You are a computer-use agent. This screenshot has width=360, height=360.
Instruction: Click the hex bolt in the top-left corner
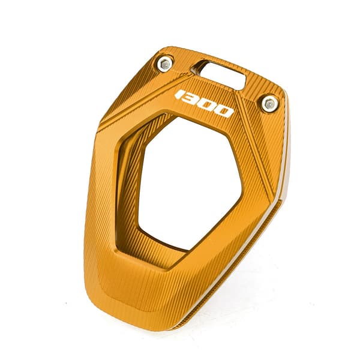point(166,63)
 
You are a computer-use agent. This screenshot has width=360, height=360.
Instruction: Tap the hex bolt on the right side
point(269,104)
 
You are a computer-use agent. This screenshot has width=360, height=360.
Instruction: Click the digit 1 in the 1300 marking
point(181,95)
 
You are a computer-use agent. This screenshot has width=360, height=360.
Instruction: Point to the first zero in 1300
point(209,106)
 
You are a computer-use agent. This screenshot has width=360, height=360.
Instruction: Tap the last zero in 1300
point(225,112)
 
